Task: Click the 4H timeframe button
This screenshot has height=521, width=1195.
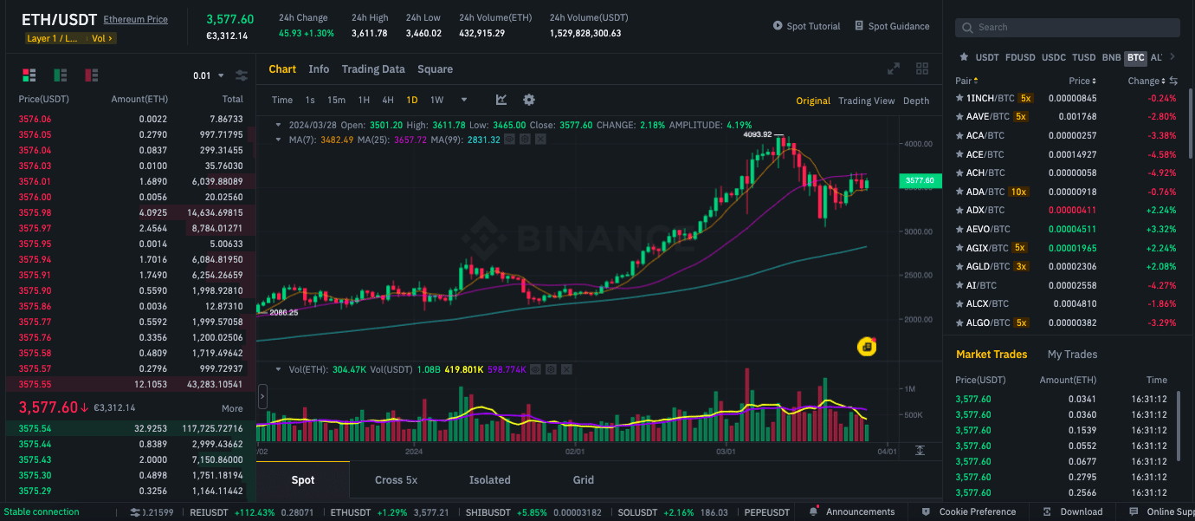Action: pyautogui.click(x=388, y=100)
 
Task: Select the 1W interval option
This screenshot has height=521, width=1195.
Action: pyautogui.click(x=436, y=100)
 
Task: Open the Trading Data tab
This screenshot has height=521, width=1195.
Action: pyautogui.click(x=372, y=69)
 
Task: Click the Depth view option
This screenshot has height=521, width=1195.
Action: pyautogui.click(x=915, y=101)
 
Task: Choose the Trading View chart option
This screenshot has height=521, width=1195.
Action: pyautogui.click(x=866, y=101)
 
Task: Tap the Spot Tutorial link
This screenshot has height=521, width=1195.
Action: pyautogui.click(x=806, y=26)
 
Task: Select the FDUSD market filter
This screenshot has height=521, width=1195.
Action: pyautogui.click(x=1020, y=58)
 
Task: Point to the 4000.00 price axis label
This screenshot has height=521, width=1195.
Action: pyautogui.click(x=917, y=144)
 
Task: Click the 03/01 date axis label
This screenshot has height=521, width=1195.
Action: pyautogui.click(x=726, y=451)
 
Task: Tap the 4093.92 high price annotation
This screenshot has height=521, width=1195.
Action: pyautogui.click(x=757, y=134)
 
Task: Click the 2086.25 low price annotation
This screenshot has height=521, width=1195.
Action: pyautogui.click(x=283, y=312)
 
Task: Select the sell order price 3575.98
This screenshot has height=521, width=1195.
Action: pyautogui.click(x=35, y=212)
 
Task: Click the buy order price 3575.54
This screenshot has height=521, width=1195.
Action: pyautogui.click(x=35, y=428)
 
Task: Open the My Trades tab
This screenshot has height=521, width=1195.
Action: pyautogui.click(x=1072, y=354)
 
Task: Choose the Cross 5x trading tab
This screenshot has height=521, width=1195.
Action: pyautogui.click(x=396, y=480)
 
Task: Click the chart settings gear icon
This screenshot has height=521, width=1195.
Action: pyautogui.click(x=529, y=100)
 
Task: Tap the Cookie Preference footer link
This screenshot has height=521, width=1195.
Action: pyautogui.click(x=978, y=511)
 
